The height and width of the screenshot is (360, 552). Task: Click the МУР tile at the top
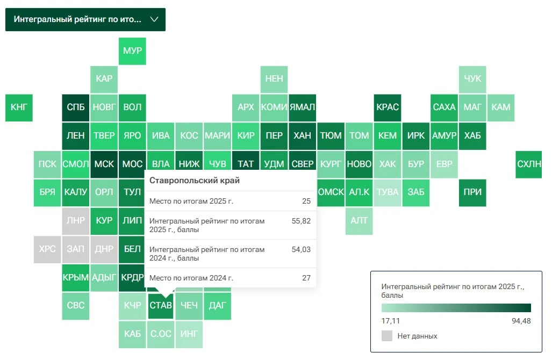coord(132,51)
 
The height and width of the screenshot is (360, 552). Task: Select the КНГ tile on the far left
coord(19,107)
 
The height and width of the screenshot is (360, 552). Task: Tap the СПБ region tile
coord(76,107)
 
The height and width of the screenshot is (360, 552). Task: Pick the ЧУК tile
coord(472,79)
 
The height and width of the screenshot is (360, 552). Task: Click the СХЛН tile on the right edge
coord(529,164)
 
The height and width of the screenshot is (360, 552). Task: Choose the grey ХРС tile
coord(47,249)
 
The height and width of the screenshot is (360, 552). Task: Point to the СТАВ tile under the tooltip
coord(161,305)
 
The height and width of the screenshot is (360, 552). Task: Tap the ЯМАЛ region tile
coord(303,107)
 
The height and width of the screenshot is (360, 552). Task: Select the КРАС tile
coord(388,107)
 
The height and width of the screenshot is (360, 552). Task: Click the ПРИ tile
coord(472,193)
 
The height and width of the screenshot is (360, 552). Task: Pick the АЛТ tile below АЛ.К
coord(359,221)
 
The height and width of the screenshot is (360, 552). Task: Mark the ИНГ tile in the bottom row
coord(189,334)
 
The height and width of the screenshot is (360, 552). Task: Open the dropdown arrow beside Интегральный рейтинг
coord(154,19)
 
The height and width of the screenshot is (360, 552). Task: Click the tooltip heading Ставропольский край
coord(195,181)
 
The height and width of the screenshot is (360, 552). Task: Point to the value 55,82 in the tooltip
coord(301,221)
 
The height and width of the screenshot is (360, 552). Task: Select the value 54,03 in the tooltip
coord(301,249)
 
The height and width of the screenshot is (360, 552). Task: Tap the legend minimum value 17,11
coord(390,321)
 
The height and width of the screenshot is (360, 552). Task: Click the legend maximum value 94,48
coord(521,321)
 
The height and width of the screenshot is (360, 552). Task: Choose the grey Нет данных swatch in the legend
coord(387,336)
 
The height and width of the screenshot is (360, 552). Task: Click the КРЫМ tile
coord(76,278)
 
